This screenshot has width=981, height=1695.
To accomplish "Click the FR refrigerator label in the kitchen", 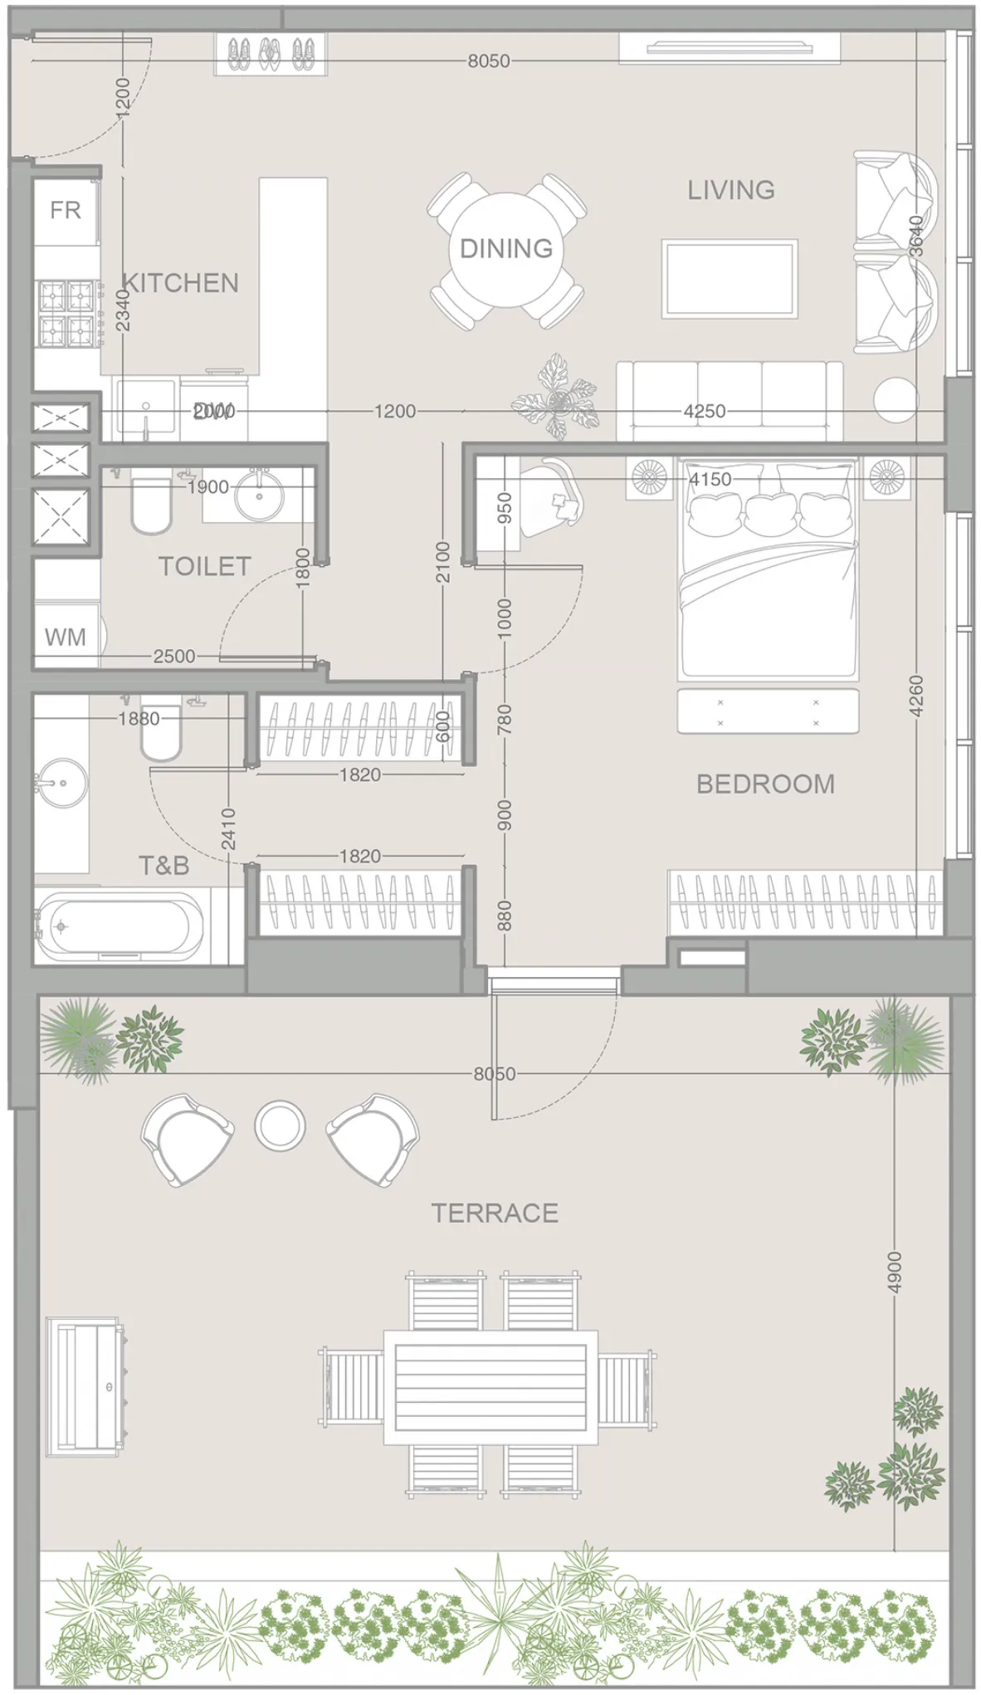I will [x=65, y=210].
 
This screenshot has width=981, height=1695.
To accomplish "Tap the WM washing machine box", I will [x=65, y=637].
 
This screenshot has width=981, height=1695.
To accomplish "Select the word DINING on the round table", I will [x=506, y=248].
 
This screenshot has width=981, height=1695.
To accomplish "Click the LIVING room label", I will [x=730, y=190].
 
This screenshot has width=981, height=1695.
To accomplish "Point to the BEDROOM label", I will [x=765, y=784].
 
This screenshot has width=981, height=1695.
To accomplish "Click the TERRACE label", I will [x=495, y=1213].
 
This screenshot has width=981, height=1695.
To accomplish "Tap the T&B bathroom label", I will [x=163, y=866].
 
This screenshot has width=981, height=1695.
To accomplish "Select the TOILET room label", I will [x=204, y=566].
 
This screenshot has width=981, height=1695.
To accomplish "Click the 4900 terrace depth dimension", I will [x=894, y=1272].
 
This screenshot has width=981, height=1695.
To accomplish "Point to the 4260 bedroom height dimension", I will [x=915, y=696].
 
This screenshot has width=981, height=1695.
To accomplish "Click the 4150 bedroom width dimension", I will [x=710, y=479].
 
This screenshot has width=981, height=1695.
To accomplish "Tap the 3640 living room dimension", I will [x=915, y=236].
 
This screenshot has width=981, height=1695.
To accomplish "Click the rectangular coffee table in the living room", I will [x=729, y=279].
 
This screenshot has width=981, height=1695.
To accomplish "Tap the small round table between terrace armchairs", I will [x=280, y=1126].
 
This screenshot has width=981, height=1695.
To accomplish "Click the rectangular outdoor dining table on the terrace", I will [x=490, y=1387].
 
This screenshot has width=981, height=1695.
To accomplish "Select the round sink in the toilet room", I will [x=260, y=496].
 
